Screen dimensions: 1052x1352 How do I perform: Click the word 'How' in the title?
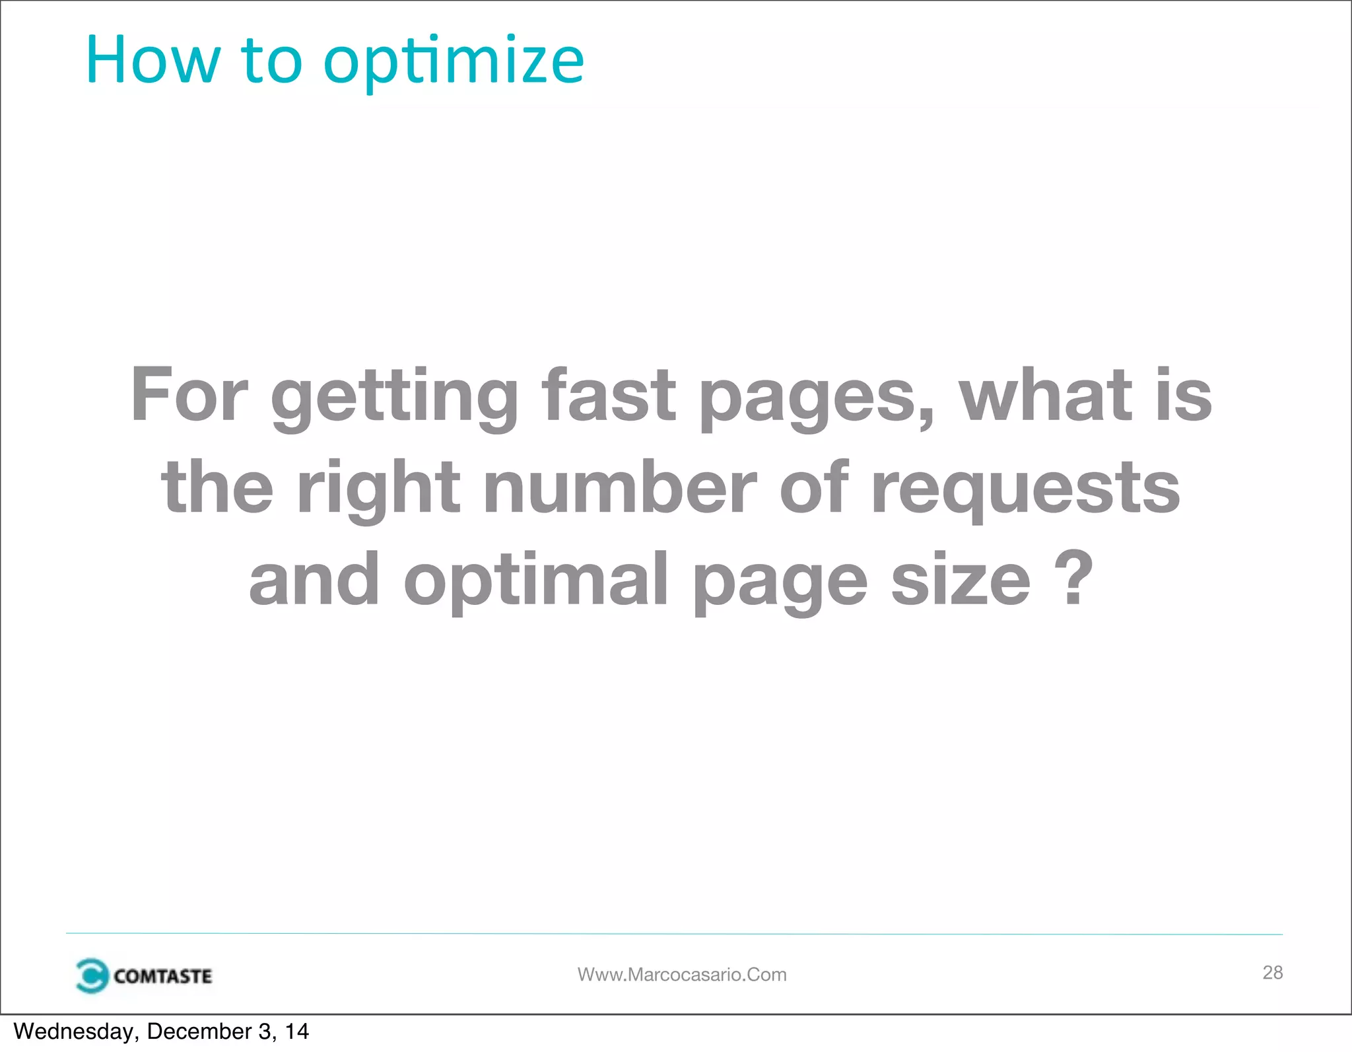[152, 61]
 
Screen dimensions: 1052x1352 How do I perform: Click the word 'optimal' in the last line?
[535, 579]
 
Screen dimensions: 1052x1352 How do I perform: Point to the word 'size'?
[961, 579]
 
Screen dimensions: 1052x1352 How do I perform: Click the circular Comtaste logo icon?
[91, 975]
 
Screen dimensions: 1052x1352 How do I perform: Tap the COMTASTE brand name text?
[162, 976]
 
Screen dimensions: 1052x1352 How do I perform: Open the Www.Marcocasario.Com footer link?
[682, 975]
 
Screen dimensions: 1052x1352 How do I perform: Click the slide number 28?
[1272, 972]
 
